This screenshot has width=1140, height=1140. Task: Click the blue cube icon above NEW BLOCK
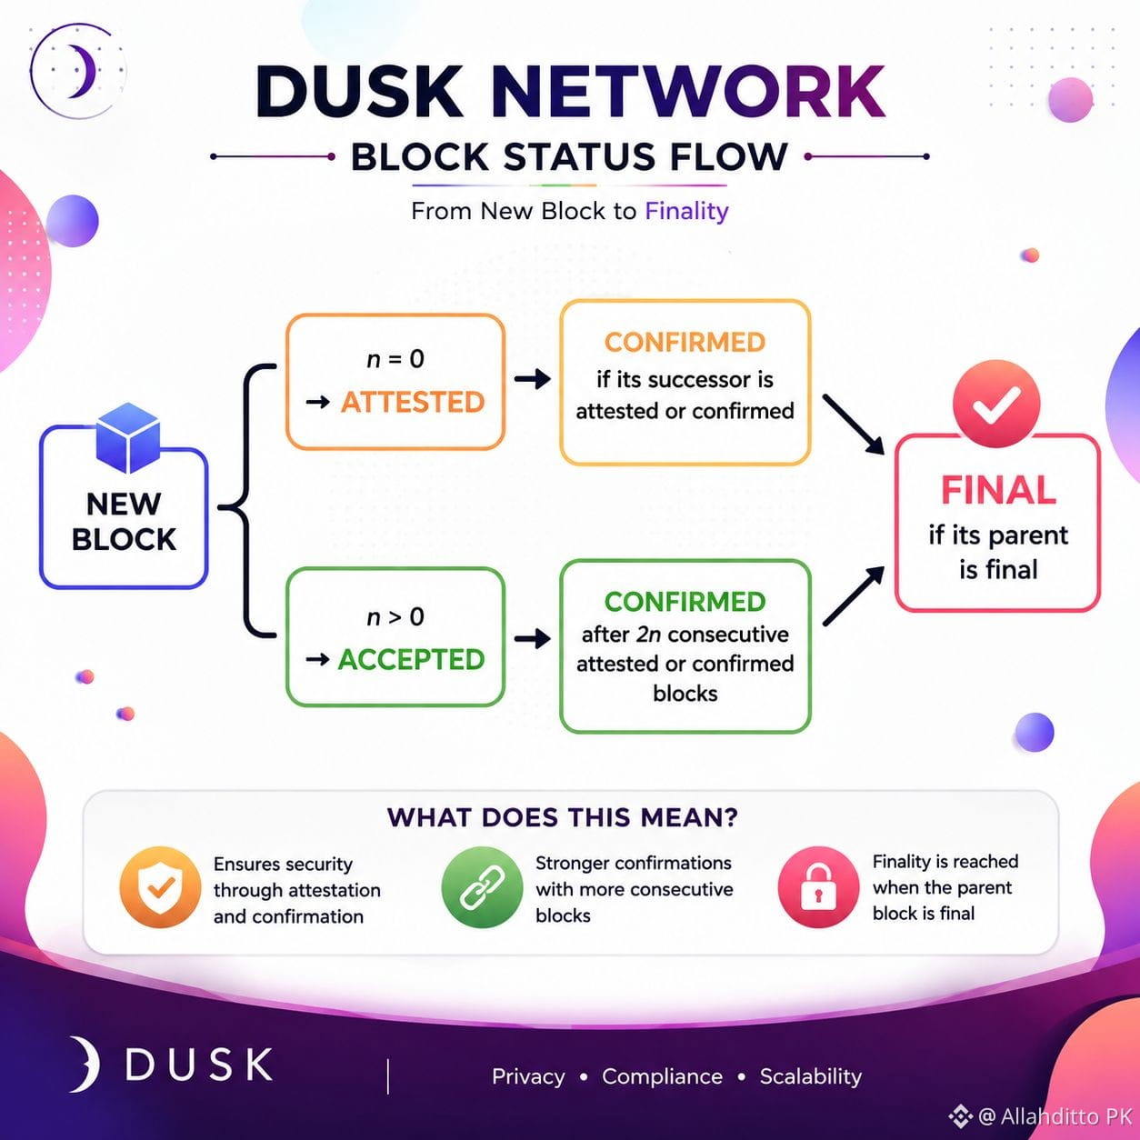click(x=128, y=437)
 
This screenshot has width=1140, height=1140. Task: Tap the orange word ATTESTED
click(x=413, y=403)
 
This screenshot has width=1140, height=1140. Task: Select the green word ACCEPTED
click(x=411, y=660)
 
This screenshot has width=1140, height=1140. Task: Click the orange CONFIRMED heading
click(x=685, y=342)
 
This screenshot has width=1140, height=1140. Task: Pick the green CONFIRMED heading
click(x=685, y=602)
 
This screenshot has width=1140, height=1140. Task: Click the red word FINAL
click(x=998, y=490)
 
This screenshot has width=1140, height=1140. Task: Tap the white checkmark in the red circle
click(x=996, y=405)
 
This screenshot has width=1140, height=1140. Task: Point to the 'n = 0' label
click(x=395, y=358)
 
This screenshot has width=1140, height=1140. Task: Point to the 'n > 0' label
click(x=395, y=617)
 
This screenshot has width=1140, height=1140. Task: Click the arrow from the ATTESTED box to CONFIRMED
click(x=533, y=378)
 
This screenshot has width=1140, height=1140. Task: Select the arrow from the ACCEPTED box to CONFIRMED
click(x=533, y=638)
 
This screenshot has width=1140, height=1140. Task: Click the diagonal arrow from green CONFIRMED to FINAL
click(x=854, y=595)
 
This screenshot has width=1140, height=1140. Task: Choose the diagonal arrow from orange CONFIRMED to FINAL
click(x=854, y=425)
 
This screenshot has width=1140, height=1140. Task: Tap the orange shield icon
click(x=160, y=886)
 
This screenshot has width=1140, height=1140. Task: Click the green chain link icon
click(x=482, y=886)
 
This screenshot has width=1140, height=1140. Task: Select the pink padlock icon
click(x=818, y=886)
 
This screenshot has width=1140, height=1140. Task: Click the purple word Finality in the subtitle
click(x=687, y=211)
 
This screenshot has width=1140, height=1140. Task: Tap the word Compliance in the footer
click(x=662, y=1076)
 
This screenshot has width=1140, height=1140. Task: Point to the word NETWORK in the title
click(x=687, y=92)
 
